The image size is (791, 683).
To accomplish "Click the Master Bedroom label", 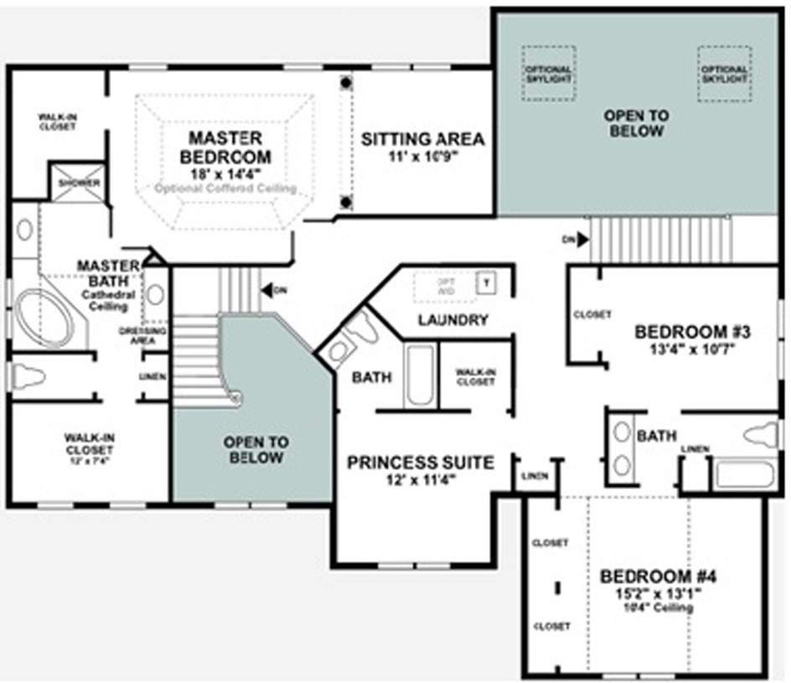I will pos(225,147).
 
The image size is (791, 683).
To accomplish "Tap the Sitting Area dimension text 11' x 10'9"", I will pos(422,157).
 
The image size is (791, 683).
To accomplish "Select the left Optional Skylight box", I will pos(549,74).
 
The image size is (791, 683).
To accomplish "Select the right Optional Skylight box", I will pos(724,74).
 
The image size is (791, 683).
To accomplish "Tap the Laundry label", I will pos(452,319).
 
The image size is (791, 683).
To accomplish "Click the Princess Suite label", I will pos(420,462).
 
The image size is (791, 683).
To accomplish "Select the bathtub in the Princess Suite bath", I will pos(419,375).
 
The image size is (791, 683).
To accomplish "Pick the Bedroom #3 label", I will pos(691,331).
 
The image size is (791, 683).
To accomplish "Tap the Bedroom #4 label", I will pos(658,577).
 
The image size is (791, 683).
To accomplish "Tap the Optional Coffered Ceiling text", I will pos(225,189).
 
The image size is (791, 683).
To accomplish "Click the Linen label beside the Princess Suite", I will pos(535,476).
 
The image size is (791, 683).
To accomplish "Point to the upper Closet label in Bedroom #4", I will pos(550,543).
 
